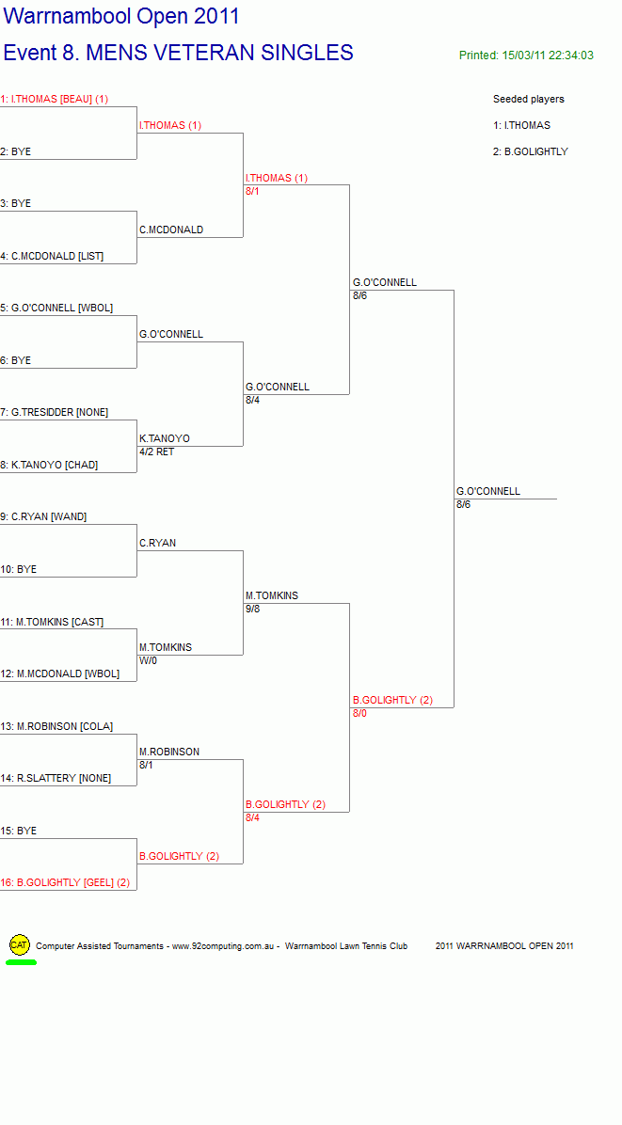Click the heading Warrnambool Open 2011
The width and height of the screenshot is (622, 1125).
[121, 16]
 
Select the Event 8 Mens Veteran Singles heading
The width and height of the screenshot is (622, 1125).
[178, 53]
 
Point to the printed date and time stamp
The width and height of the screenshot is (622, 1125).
[526, 55]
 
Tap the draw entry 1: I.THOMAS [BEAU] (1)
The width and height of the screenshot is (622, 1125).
[54, 99]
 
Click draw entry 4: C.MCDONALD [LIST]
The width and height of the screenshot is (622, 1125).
[52, 256]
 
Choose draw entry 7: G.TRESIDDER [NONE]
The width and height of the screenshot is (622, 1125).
[54, 413]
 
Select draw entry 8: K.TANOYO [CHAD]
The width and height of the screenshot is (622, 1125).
[49, 465]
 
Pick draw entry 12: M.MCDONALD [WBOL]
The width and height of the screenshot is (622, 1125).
[59, 673]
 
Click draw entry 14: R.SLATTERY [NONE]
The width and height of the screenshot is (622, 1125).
[56, 778]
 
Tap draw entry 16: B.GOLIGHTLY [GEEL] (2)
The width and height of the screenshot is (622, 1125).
[65, 882]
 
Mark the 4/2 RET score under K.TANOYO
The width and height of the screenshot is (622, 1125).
[156, 452]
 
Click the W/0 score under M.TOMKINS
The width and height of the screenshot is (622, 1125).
[148, 660]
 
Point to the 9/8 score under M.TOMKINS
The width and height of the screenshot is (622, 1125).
[252, 609]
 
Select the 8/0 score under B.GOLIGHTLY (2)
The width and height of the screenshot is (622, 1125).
[359, 713]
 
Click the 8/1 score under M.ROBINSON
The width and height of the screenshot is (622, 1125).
[147, 765]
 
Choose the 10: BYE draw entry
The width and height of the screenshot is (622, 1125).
[18, 569]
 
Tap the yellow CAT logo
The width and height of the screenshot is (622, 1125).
[20, 945]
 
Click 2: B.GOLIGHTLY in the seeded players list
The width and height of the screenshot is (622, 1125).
[530, 151]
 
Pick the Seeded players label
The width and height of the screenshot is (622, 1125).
[529, 99]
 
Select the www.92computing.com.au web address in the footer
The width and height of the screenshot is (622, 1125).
[224, 946]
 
